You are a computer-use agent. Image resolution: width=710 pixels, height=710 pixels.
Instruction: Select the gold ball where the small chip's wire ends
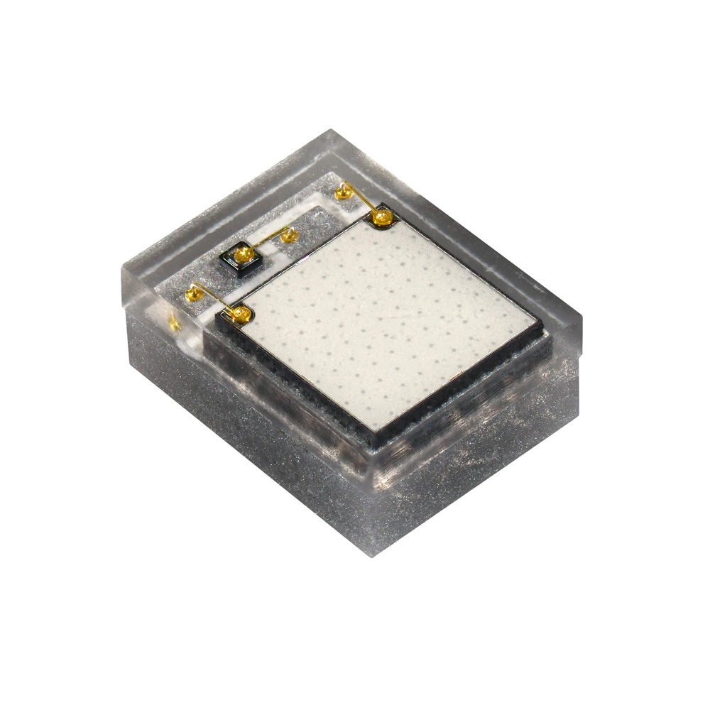(x=288, y=235)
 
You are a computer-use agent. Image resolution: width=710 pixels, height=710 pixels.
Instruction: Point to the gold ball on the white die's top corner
(x=382, y=216)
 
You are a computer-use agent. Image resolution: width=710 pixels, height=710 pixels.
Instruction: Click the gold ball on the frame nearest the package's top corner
(x=344, y=190)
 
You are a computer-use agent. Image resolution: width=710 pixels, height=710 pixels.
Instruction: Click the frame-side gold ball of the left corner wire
(x=192, y=291)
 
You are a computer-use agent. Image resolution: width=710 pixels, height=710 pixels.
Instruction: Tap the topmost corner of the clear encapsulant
(x=331, y=131)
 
